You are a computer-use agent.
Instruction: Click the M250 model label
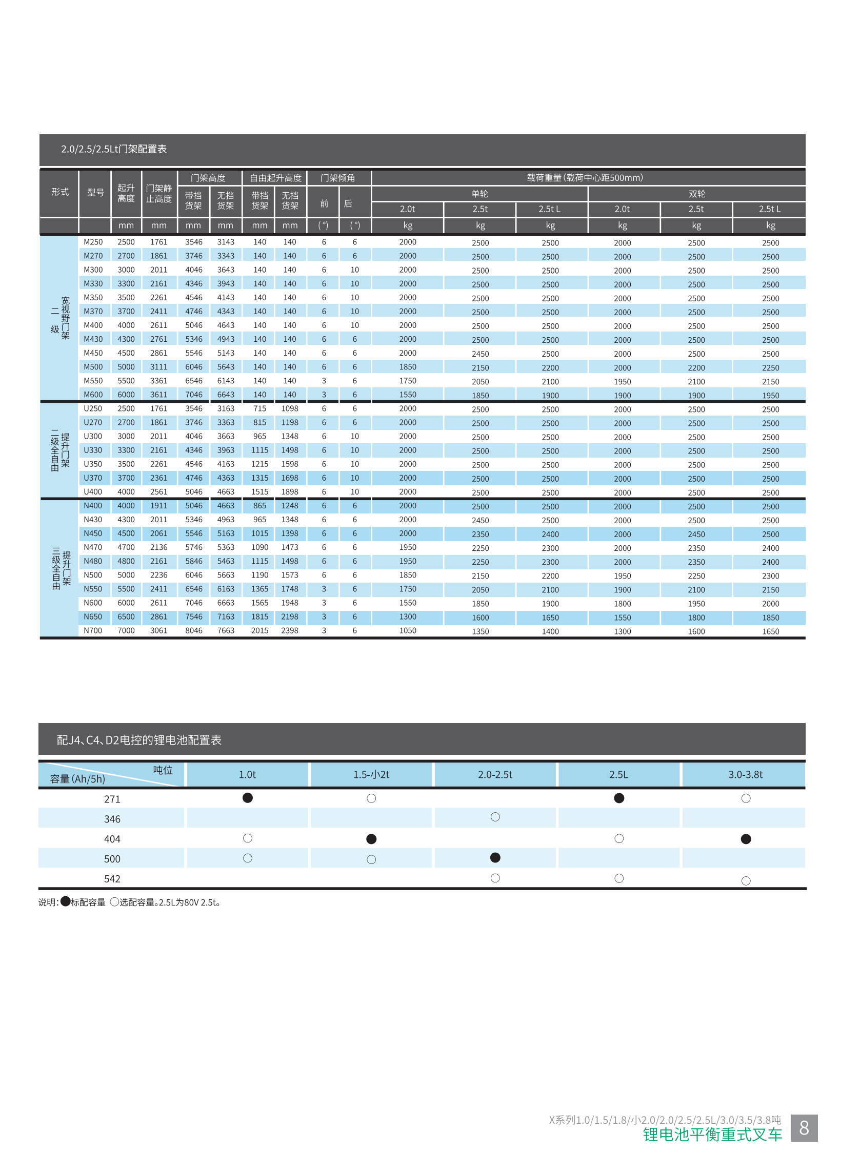(93, 242)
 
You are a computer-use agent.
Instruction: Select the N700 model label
(93, 630)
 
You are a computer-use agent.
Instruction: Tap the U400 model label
(93, 491)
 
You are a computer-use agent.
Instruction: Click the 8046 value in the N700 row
(194, 630)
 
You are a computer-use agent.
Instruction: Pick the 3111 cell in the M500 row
(159, 367)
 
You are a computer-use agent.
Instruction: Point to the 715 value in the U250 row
(260, 408)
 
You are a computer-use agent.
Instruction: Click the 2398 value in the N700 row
(290, 630)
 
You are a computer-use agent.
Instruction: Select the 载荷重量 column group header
(585, 178)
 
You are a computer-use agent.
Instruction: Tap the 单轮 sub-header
(479, 194)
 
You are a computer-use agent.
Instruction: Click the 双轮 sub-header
(696, 194)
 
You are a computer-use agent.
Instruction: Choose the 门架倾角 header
(338, 178)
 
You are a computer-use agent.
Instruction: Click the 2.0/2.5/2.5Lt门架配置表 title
(114, 149)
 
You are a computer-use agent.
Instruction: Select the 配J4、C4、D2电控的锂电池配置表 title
(139, 739)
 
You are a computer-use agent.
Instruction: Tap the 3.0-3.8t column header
(745, 774)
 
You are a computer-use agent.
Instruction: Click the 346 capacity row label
(112, 819)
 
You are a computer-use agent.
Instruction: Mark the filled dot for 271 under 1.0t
(248, 798)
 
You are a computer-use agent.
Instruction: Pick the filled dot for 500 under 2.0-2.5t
(495, 858)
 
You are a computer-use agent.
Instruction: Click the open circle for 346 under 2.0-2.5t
(495, 817)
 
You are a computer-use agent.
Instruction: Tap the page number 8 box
(804, 1128)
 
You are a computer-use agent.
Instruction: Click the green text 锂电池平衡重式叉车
(712, 1135)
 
